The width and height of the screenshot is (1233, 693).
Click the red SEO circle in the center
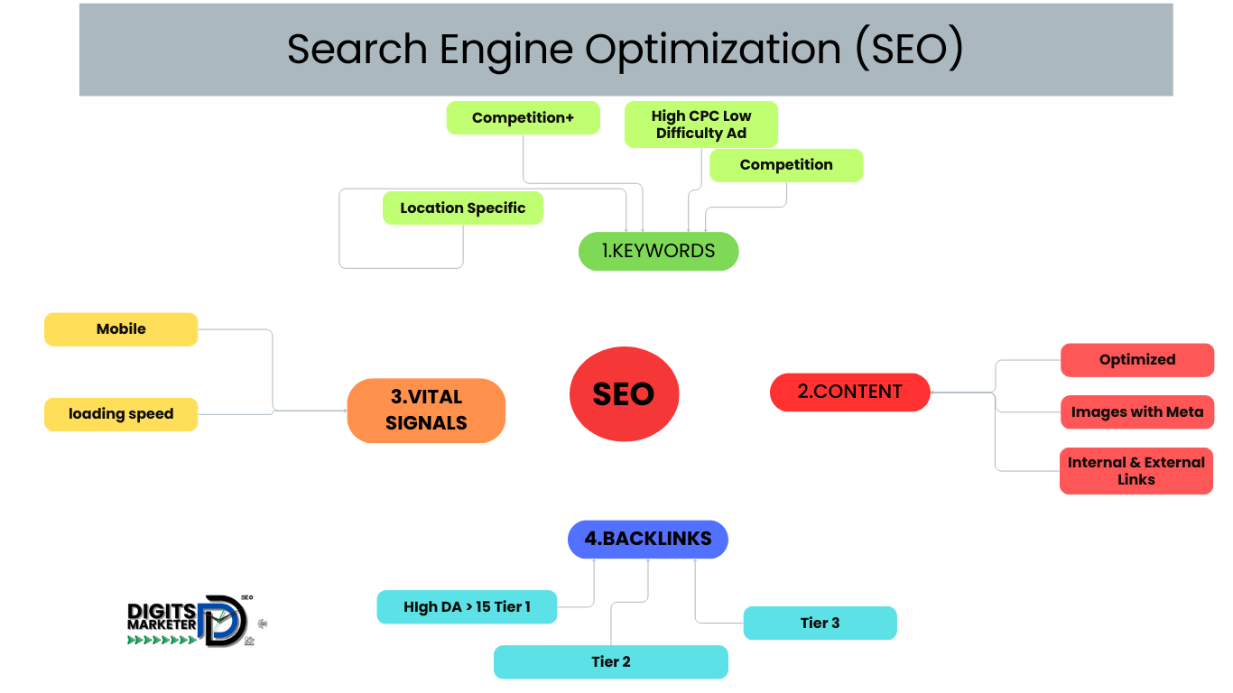pos(623,394)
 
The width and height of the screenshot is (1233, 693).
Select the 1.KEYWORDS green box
pos(658,251)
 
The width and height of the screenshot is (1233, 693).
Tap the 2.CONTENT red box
pos(849,392)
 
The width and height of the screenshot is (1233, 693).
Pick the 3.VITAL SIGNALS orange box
pos(426,411)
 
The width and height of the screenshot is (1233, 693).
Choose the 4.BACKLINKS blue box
pos(647,539)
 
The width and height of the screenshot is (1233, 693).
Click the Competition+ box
pos(523,118)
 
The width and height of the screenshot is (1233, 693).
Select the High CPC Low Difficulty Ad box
pos(701,125)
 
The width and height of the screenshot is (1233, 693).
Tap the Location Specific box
pos(462,208)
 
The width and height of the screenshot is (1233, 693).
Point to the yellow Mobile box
pos(121,329)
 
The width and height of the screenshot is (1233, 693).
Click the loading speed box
pos(121,414)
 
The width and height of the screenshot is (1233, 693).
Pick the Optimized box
pos(1136,359)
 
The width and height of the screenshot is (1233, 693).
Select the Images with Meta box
pos(1136,411)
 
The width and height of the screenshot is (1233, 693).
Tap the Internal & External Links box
pos(1136,471)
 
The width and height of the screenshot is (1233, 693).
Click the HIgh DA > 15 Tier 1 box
pos(467,607)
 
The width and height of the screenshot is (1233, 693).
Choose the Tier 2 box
pos(610,661)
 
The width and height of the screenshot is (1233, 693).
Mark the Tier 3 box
pos(820,623)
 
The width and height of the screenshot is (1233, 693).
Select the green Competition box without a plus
pos(785,165)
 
